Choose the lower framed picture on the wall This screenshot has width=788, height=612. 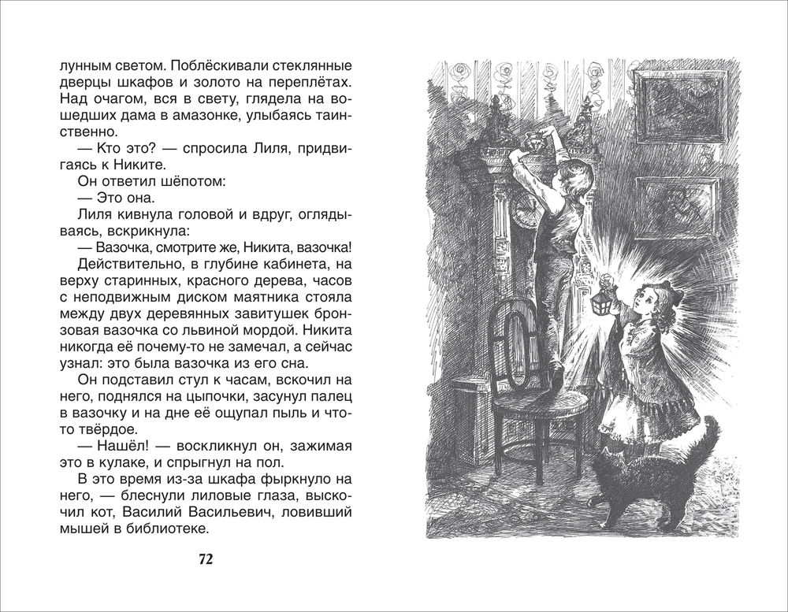pos(678,207)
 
